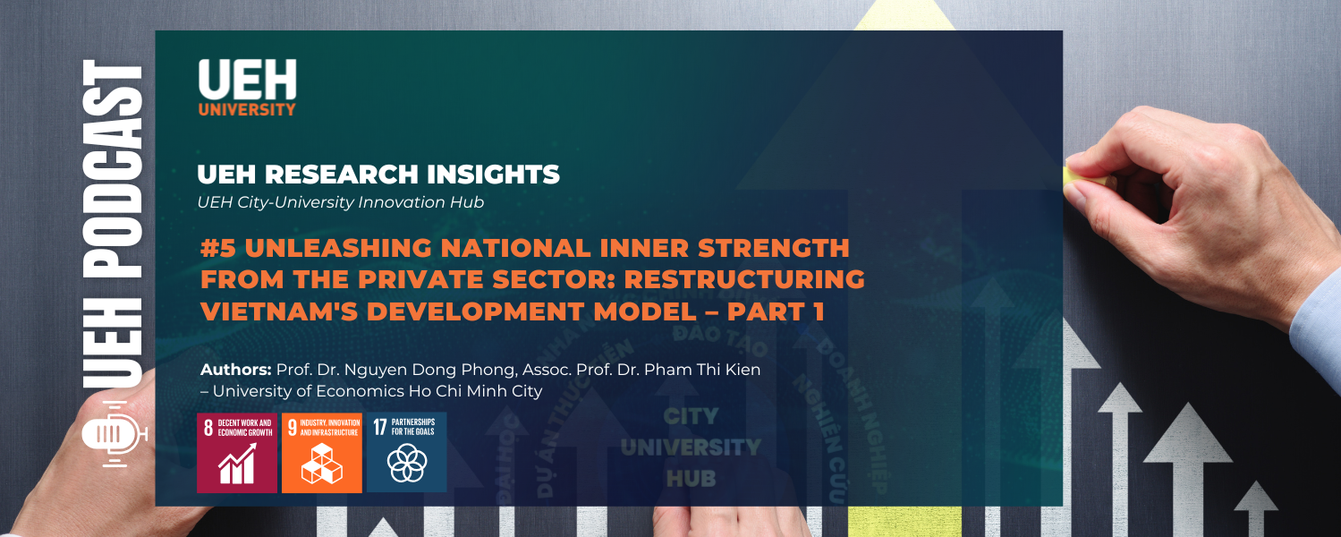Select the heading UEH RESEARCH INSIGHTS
click(378, 175)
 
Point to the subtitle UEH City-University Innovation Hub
click(340, 202)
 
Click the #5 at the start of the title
click(217, 247)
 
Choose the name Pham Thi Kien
click(708, 370)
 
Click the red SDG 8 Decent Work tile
click(237, 452)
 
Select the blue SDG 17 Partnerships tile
click(406, 452)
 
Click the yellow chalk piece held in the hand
click(1089, 181)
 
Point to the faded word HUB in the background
click(691, 478)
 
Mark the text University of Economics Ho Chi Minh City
click(377, 391)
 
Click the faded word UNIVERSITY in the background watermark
click(691, 447)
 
